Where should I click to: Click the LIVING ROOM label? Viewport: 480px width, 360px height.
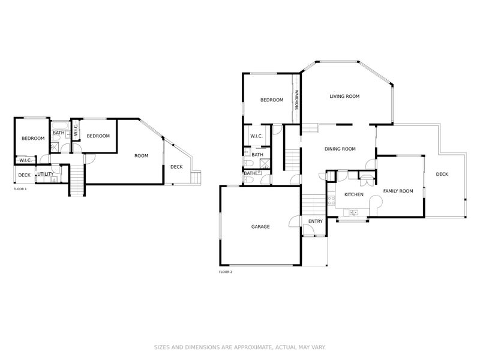click(x=344, y=96)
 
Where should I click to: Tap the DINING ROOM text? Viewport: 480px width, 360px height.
click(x=340, y=149)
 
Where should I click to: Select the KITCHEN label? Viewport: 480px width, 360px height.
click(x=353, y=194)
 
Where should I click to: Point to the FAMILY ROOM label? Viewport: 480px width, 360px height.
click(x=398, y=191)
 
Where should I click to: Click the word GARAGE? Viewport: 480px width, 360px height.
click(x=260, y=227)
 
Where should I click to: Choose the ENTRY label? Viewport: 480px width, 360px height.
click(x=315, y=221)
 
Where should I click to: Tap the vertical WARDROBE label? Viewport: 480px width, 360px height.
click(x=296, y=100)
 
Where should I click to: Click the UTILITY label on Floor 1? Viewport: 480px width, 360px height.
click(x=45, y=174)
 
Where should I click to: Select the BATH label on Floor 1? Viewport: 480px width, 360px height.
click(x=58, y=133)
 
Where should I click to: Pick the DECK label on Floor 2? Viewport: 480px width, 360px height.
click(x=442, y=174)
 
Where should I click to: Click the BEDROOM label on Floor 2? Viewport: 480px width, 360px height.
click(x=271, y=100)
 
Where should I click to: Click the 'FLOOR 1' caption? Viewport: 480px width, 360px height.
click(x=20, y=189)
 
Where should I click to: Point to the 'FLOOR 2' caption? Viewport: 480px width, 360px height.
click(x=226, y=272)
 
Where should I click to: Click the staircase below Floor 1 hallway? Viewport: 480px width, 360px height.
click(x=77, y=180)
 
